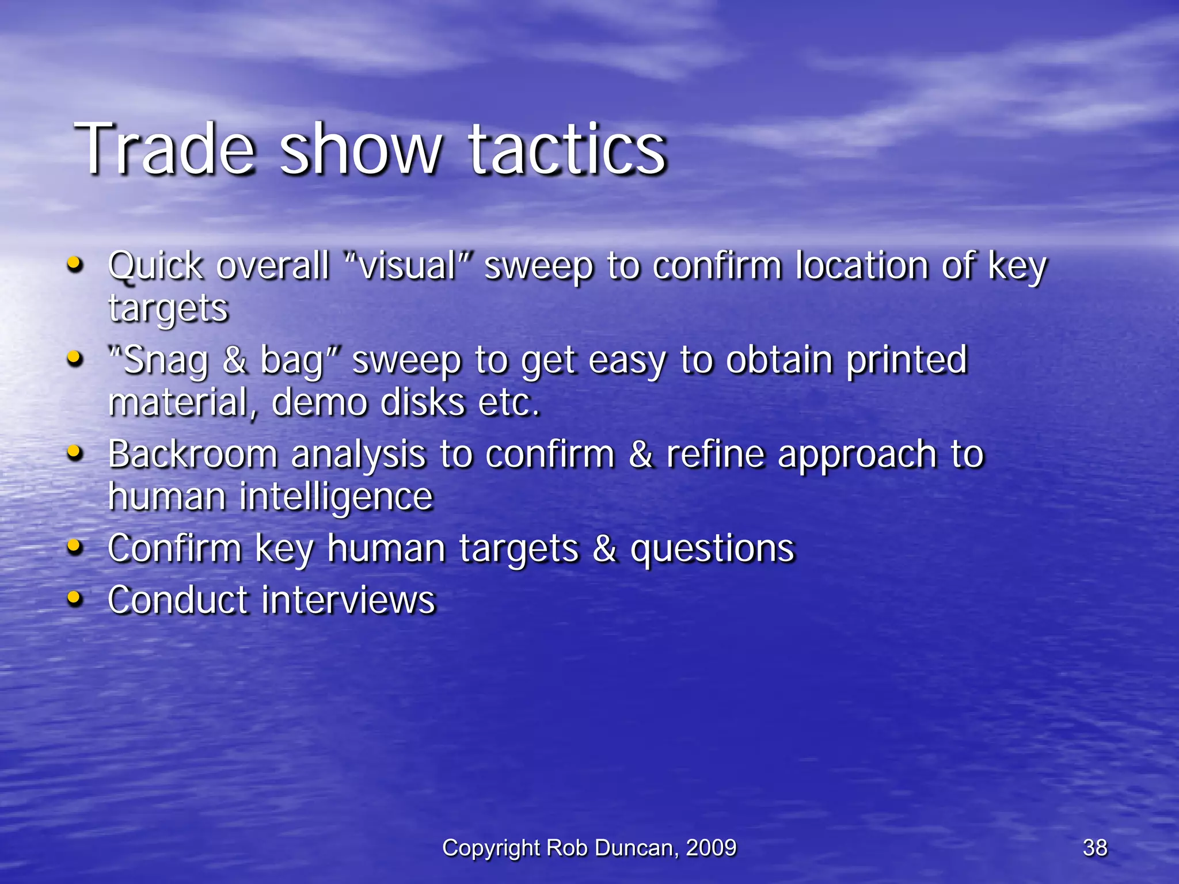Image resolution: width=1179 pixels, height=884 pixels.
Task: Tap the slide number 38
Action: coord(1095,848)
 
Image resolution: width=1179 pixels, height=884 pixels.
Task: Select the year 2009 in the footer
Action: coord(712,848)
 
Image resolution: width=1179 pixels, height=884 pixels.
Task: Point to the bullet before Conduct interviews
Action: coord(74,599)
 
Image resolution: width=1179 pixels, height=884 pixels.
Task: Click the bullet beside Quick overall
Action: coord(74,265)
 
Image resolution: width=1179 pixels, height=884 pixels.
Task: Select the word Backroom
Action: coord(193,454)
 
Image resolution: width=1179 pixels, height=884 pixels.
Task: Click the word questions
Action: coord(713,548)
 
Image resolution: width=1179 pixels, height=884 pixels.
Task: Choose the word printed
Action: coord(907,360)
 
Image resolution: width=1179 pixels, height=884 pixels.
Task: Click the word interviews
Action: coord(349,600)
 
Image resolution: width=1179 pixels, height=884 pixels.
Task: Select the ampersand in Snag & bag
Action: coord(235,360)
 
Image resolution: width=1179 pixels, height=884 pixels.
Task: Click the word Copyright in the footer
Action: coord(491,848)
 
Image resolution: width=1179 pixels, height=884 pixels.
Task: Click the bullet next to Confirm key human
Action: coord(74,547)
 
